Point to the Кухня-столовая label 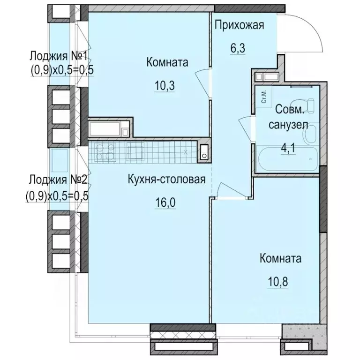point(166,179)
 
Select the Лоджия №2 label point(58,180)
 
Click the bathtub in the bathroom point(287,160)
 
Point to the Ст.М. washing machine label point(264,96)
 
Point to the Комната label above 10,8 point(280,258)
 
